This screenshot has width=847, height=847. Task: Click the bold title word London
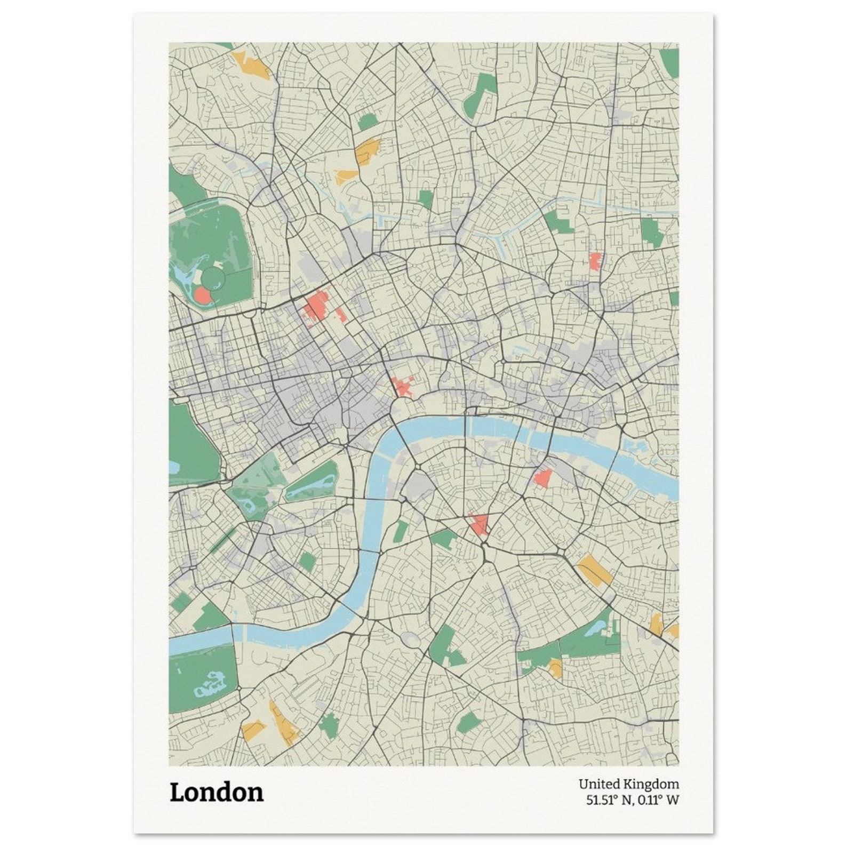click(x=217, y=793)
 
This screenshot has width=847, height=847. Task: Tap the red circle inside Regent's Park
click(x=202, y=295)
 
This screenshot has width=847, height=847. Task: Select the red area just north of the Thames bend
click(x=403, y=387)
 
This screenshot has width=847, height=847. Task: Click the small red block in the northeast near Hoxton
click(x=595, y=261)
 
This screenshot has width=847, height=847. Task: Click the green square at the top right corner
click(x=669, y=61)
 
